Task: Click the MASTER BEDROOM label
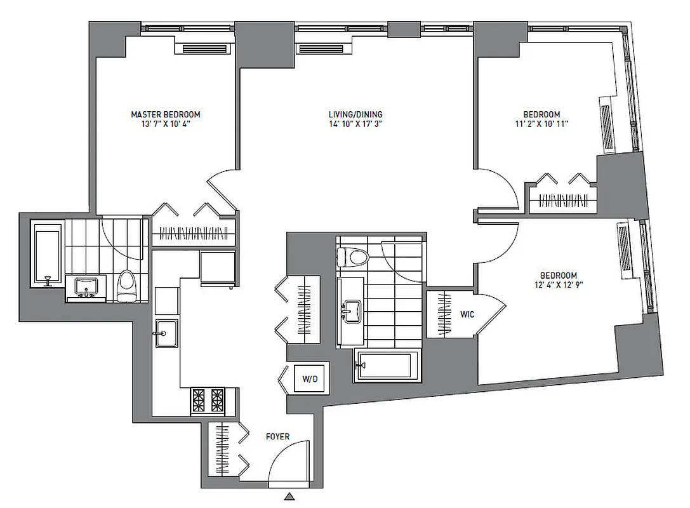pyautogui.click(x=165, y=114)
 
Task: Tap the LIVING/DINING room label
pyautogui.click(x=355, y=114)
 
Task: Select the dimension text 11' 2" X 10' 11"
pyautogui.click(x=541, y=124)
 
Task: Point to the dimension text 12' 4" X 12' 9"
pyautogui.click(x=558, y=285)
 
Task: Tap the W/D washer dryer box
pyautogui.click(x=310, y=380)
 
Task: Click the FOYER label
pyautogui.click(x=277, y=436)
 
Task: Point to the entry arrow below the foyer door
pyautogui.click(x=289, y=497)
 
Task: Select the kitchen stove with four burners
pyautogui.click(x=208, y=401)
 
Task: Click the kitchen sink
pyautogui.click(x=166, y=333)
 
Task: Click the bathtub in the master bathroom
pyautogui.click(x=48, y=254)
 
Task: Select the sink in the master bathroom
pyautogui.click(x=85, y=288)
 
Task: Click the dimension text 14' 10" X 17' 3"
pyautogui.click(x=355, y=124)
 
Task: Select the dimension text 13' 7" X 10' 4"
pyautogui.click(x=165, y=124)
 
